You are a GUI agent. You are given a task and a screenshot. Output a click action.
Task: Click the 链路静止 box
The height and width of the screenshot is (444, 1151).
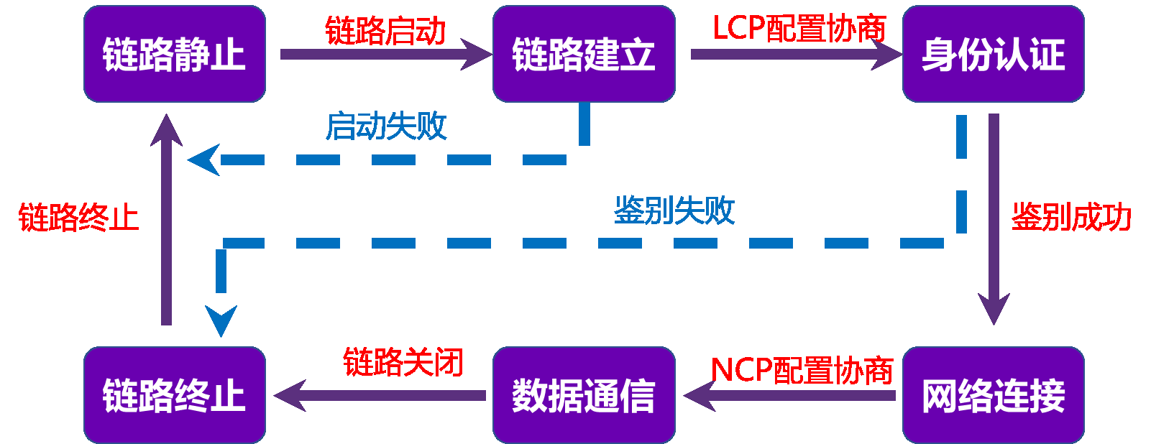175,54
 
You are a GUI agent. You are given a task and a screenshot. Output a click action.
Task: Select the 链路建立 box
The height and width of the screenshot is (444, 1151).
584,54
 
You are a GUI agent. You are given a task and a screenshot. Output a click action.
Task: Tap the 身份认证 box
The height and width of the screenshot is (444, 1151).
993,54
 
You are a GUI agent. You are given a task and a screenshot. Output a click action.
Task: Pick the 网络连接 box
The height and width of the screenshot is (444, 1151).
993,395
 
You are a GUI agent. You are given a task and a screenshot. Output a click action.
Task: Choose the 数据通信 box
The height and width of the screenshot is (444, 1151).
584,395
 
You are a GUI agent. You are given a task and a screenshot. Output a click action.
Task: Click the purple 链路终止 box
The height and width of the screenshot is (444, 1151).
175,395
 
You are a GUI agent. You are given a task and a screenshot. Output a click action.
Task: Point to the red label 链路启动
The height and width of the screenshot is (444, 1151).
385,31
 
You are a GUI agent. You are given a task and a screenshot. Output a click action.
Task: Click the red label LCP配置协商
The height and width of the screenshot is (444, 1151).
799,29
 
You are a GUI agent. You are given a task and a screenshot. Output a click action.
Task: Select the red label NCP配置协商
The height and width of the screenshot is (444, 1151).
802,371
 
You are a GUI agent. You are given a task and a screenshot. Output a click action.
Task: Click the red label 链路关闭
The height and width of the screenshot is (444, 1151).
403,362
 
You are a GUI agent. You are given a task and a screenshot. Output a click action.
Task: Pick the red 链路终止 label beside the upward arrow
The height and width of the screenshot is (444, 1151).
78,217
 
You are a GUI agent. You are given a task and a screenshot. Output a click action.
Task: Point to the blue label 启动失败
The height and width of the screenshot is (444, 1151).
386,126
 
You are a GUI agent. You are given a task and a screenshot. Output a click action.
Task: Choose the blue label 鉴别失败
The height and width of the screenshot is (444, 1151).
674,211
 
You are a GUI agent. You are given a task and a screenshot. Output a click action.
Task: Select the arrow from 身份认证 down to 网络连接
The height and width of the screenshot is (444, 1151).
994,216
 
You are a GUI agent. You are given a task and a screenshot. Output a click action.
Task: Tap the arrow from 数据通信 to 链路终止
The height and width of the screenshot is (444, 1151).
381,396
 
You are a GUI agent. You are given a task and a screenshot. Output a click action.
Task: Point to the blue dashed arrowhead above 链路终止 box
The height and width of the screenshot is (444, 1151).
221,320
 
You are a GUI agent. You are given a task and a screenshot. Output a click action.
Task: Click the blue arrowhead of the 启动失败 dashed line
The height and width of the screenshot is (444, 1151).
204,159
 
